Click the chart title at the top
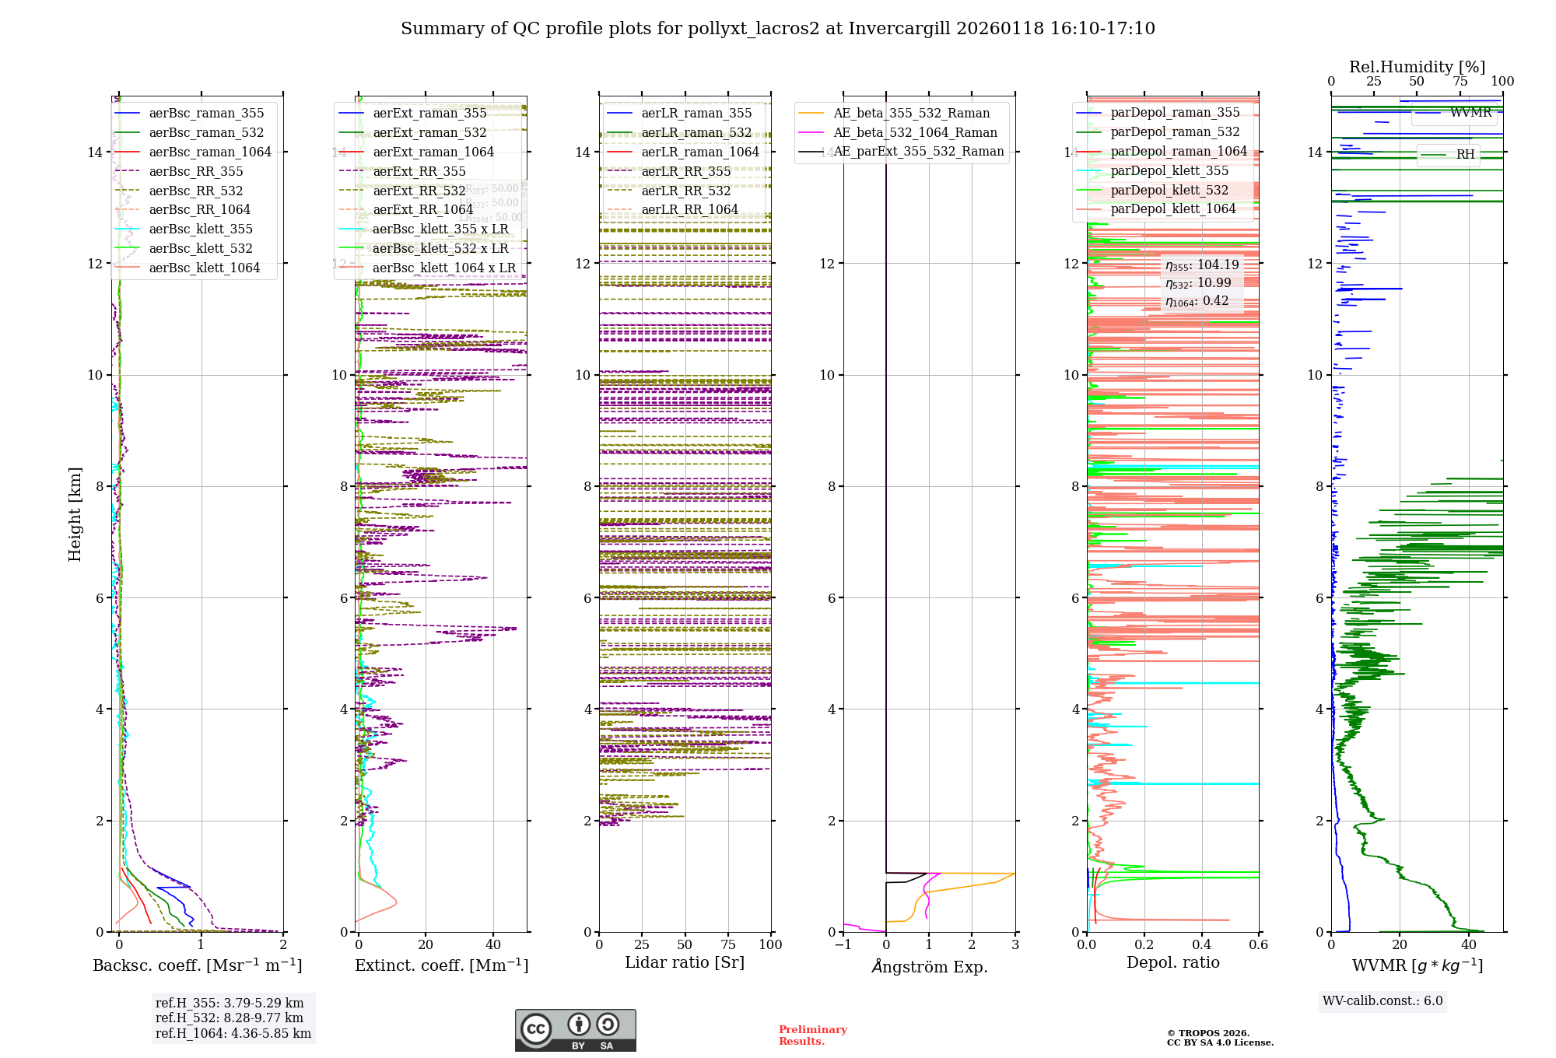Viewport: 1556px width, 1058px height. [777, 29]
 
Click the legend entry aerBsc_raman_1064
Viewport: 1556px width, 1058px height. [210, 152]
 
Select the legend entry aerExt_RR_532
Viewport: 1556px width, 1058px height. [419, 191]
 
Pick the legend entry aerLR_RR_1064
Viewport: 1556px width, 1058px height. [689, 209]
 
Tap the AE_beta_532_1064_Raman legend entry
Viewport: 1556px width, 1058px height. [915, 132]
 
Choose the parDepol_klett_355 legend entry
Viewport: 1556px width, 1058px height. [1169, 170]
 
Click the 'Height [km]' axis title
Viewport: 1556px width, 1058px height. [75, 514]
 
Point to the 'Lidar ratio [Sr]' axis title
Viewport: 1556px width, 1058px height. [685, 962]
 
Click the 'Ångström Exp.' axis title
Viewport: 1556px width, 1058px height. [930, 966]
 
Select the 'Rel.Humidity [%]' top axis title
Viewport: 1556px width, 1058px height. [1417, 67]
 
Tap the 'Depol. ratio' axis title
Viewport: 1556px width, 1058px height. [1172, 962]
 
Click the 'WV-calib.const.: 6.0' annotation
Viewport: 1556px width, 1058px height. [1383, 1001]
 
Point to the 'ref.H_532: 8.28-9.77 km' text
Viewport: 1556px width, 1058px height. [230, 1018]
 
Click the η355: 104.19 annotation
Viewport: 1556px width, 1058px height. [1202, 265]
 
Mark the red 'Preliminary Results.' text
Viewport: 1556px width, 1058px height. [812, 1035]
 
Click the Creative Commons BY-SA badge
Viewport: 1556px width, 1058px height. [575, 1030]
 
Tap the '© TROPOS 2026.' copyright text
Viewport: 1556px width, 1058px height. [1207, 1033]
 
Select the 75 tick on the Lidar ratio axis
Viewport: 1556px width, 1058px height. [728, 944]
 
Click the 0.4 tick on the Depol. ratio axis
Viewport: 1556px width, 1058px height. [1201, 944]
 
